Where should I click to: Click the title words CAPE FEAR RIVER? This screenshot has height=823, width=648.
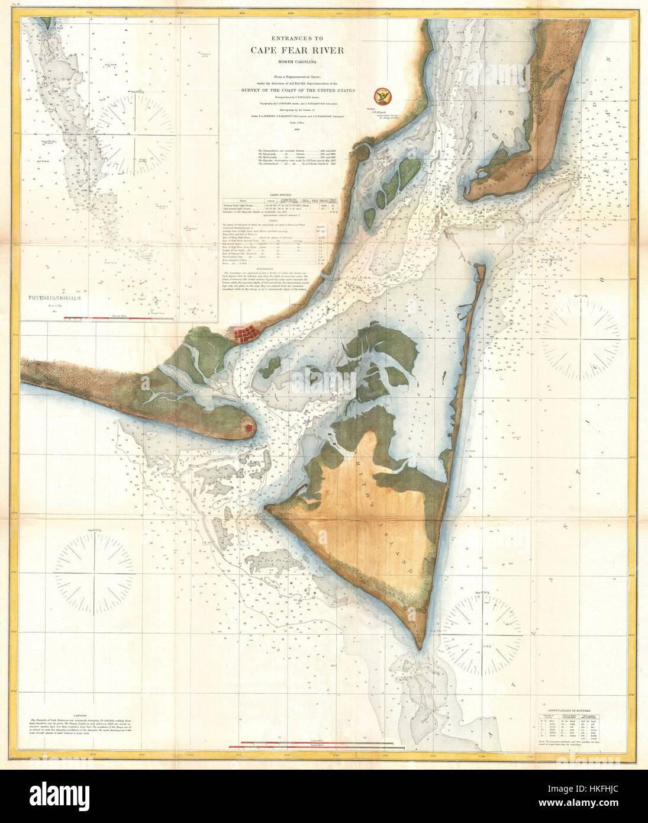[x=296, y=50]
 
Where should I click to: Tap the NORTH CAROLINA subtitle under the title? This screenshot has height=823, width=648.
[x=296, y=62]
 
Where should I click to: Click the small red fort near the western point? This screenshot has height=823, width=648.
[x=250, y=426]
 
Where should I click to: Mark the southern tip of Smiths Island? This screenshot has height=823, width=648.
[x=420, y=650]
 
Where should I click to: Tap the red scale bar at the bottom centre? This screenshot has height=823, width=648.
[x=316, y=743]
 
